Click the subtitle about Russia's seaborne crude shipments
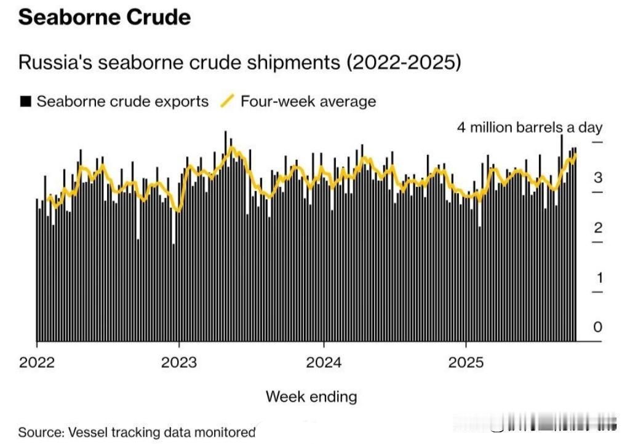tap(240, 63)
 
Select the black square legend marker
tap(25, 101)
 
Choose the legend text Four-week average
tap(308, 101)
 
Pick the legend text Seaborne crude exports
tap(122, 101)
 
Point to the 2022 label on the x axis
tap(37, 362)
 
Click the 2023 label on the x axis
tap(179, 362)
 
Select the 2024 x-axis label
tap(324, 362)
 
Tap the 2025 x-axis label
tap(466, 362)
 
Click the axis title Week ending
tap(311, 397)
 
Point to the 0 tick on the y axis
tap(597, 327)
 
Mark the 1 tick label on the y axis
tap(599, 277)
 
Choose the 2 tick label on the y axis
tap(597, 228)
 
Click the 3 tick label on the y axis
tap(597, 178)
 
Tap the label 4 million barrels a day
tap(529, 127)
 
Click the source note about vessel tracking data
tap(137, 432)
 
